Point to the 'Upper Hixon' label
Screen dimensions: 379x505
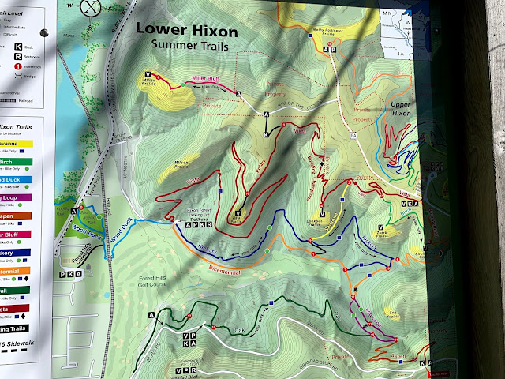point(402,109)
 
